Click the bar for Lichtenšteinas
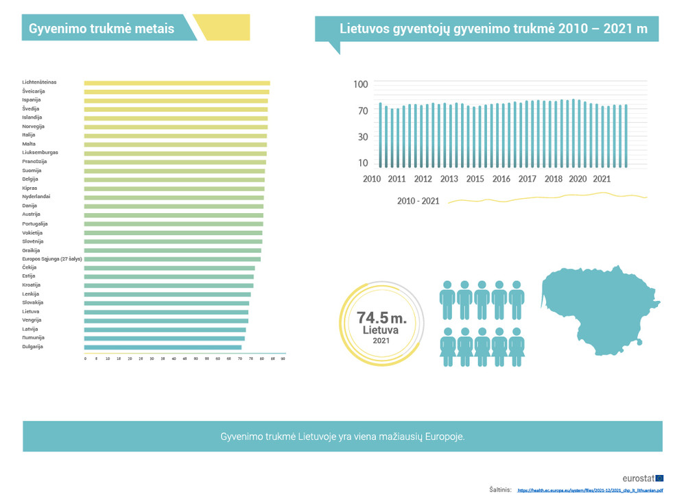click(177, 83)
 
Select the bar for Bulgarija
click(163, 347)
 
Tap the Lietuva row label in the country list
click(31, 311)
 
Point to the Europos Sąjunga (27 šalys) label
click(51, 259)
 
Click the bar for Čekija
click(169, 268)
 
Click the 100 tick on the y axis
click(361, 84)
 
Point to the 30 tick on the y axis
click(363, 136)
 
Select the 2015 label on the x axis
click(475, 179)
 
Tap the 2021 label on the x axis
click(602, 179)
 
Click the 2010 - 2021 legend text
click(418, 202)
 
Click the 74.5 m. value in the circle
click(381, 318)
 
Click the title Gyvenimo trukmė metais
click(102, 29)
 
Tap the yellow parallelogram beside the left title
click(222, 27)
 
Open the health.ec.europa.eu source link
click(590, 490)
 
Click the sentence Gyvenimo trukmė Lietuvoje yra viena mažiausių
click(342, 437)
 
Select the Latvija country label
click(31, 329)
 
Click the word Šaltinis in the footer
click(500, 490)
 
